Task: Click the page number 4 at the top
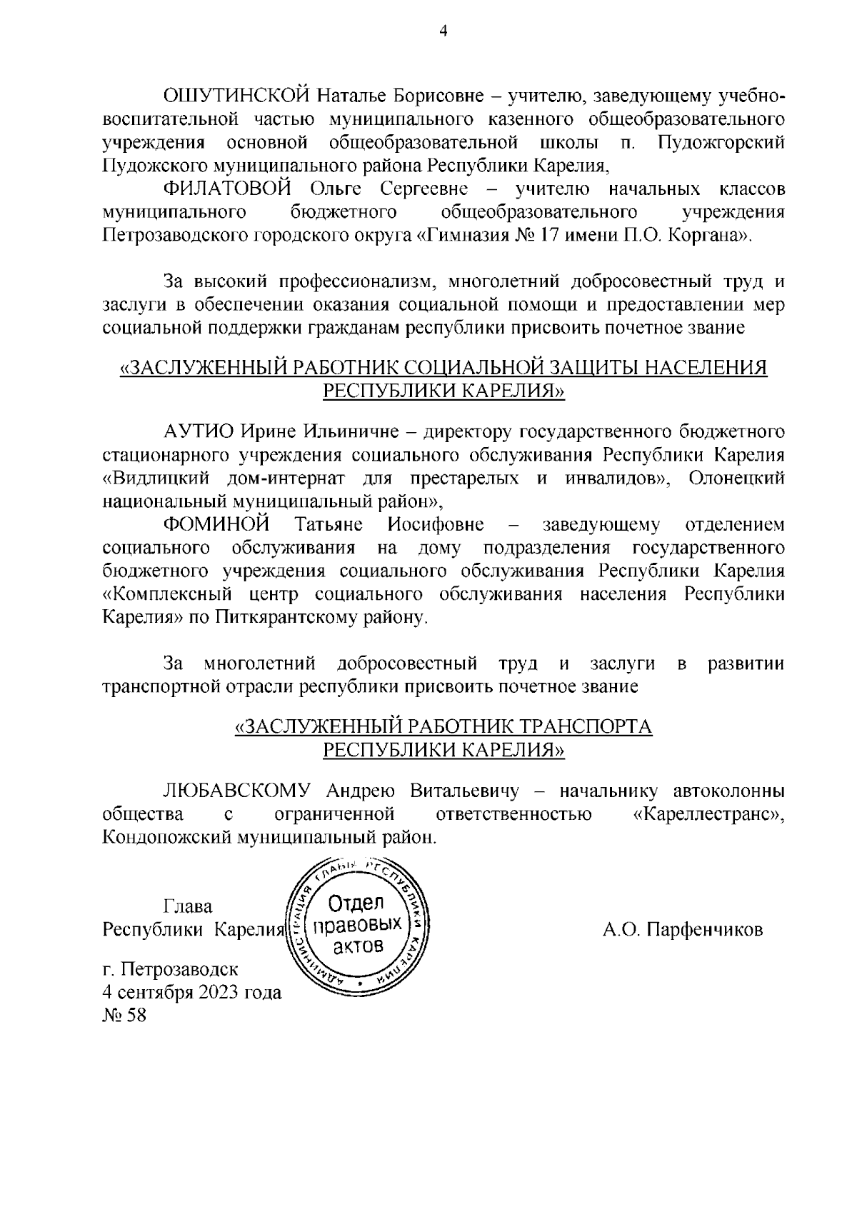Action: click(x=443, y=31)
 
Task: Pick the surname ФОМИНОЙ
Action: click(x=216, y=525)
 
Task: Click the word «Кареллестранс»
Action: click(x=708, y=814)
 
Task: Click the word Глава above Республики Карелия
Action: click(x=188, y=906)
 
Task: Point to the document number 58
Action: click(x=136, y=1016)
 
